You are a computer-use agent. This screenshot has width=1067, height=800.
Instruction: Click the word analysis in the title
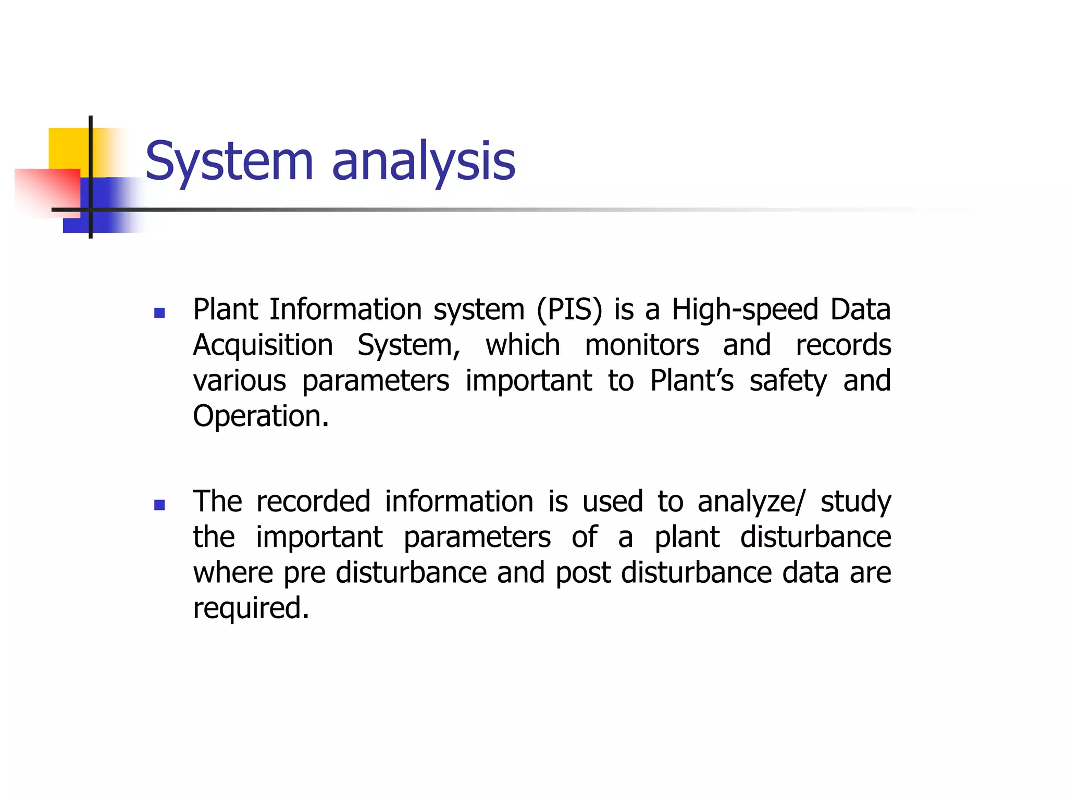423,161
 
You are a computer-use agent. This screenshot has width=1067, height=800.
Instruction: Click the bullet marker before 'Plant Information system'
160,313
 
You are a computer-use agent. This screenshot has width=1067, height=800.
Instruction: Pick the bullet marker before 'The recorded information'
160,505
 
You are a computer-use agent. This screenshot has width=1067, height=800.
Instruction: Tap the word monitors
641,345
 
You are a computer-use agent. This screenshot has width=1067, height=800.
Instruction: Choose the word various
239,381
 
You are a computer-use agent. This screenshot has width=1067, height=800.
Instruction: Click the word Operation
260,417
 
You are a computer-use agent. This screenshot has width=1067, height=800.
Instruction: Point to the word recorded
313,502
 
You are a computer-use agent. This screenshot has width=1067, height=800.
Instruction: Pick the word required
251,609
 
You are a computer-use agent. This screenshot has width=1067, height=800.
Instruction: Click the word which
523,345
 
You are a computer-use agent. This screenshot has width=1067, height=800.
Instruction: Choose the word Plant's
691,381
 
